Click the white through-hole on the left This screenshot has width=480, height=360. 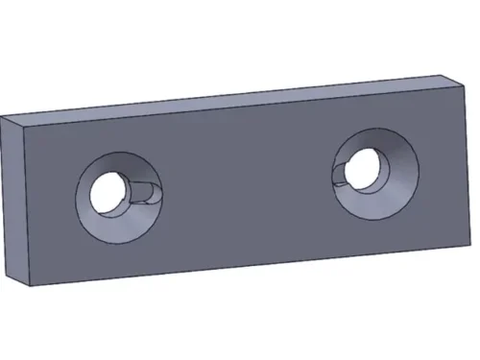(x=107, y=192)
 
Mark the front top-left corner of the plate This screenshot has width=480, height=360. (x=25, y=132)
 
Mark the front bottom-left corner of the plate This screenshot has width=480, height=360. (x=25, y=285)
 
